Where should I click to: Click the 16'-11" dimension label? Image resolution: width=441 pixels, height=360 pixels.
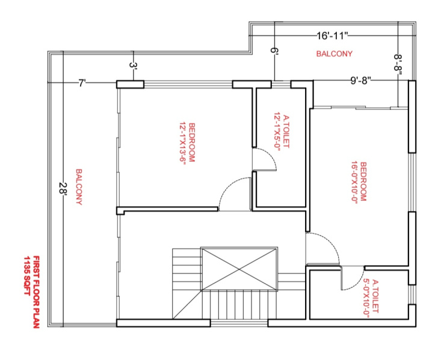(x=333, y=36)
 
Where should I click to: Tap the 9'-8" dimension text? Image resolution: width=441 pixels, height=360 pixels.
(x=361, y=81)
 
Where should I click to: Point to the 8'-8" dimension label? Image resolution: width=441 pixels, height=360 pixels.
(x=398, y=65)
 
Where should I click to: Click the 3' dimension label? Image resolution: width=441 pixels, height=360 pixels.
(x=134, y=65)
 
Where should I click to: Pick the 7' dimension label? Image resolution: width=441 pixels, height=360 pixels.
(x=82, y=83)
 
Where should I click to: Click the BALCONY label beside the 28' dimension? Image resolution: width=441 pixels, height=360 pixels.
(x=79, y=187)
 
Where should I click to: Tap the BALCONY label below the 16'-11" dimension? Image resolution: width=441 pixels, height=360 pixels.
(x=334, y=53)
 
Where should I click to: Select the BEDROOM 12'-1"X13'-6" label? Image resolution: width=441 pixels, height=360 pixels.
(x=187, y=142)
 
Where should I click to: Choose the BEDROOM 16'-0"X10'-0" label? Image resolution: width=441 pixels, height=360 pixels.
(x=359, y=182)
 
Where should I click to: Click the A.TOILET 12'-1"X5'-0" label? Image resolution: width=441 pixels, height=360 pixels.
(x=282, y=132)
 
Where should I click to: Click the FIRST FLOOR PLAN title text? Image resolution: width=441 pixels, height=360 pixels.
(x=36, y=292)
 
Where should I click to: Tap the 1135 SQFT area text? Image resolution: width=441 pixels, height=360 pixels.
(x=27, y=276)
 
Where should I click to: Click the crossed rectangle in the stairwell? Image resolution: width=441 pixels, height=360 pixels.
(x=239, y=269)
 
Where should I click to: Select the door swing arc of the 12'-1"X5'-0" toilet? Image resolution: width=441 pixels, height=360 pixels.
(x=272, y=157)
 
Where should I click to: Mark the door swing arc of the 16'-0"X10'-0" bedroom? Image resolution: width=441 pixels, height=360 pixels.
(x=332, y=242)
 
